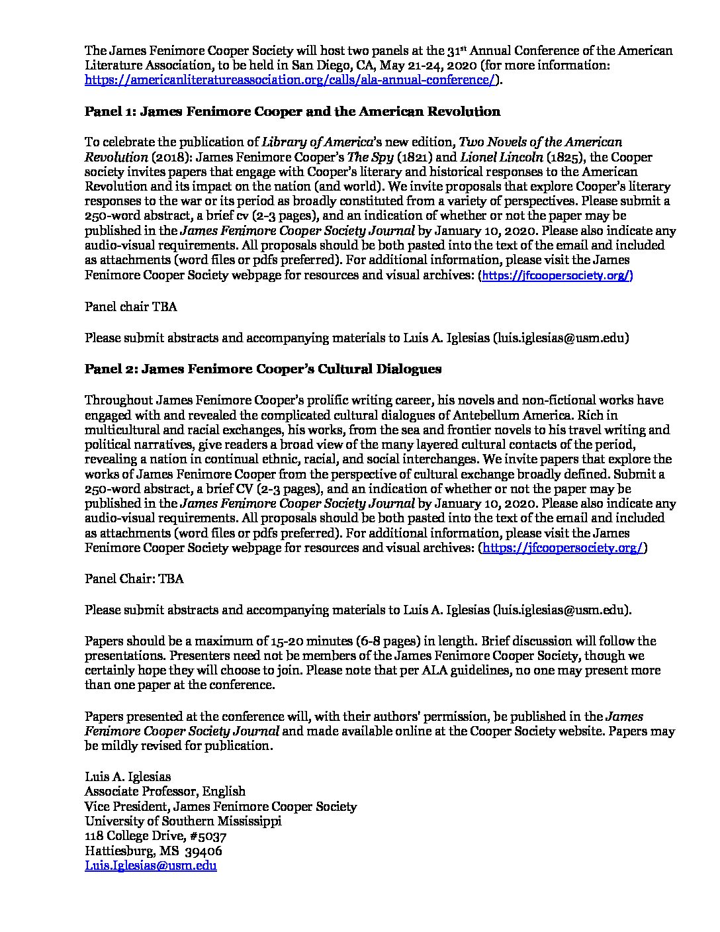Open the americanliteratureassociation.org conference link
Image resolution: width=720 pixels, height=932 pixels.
point(290,80)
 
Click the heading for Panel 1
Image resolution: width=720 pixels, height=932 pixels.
point(292,111)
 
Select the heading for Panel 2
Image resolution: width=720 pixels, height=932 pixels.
point(263,369)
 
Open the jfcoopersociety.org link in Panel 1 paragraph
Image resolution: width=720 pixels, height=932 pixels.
point(555,276)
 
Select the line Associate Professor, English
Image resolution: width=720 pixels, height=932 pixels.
point(165,791)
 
